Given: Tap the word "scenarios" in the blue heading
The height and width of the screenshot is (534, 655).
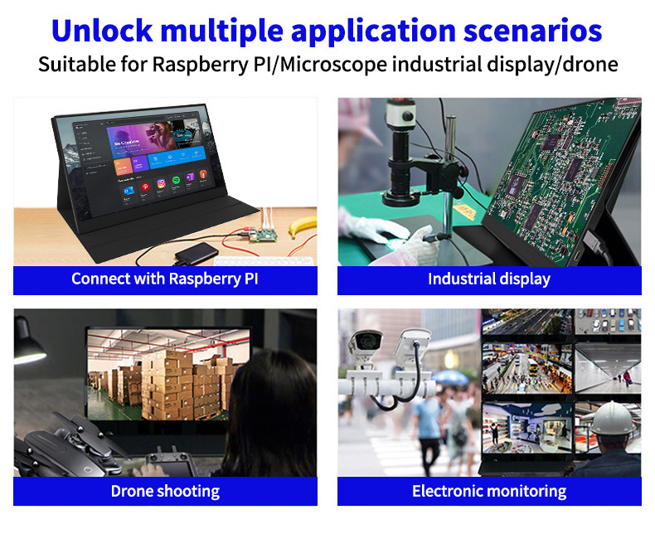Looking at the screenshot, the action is pyautogui.click(x=531, y=31).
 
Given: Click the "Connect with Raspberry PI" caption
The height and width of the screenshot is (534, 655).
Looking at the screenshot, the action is pyautogui.click(x=165, y=279).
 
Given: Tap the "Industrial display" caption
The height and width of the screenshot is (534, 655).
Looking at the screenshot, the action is pyautogui.click(x=489, y=279).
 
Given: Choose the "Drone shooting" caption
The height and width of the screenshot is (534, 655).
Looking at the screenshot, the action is pyautogui.click(x=165, y=491).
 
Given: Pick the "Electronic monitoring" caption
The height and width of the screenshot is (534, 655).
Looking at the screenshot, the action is pyautogui.click(x=489, y=491).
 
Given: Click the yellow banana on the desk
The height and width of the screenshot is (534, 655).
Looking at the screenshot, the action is pyautogui.click(x=302, y=223).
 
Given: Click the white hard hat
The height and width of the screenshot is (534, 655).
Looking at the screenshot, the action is pyautogui.click(x=613, y=419).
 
